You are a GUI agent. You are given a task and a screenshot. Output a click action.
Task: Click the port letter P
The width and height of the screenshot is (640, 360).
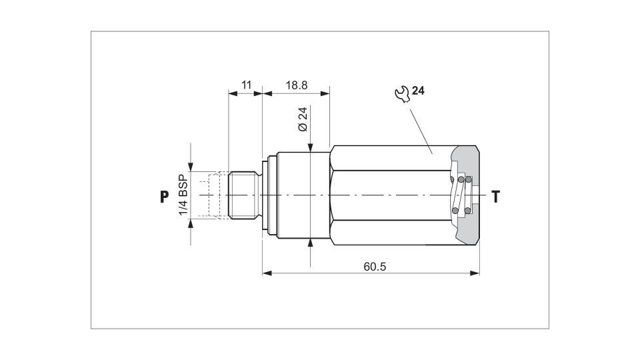(x=164, y=197)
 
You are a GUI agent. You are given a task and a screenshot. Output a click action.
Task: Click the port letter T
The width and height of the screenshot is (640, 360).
(x=496, y=197)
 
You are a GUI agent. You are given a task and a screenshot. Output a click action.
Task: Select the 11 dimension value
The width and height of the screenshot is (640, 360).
(x=246, y=85)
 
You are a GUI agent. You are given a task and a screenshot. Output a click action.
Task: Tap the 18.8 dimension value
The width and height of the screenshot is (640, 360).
(x=296, y=85)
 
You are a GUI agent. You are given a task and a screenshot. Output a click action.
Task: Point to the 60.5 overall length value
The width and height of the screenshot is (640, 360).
(x=375, y=267)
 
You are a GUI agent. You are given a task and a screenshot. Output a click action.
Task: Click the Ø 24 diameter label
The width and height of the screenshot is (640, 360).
(x=303, y=119)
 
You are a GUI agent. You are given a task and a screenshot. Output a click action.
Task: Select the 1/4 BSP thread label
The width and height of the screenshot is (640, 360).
(x=183, y=195)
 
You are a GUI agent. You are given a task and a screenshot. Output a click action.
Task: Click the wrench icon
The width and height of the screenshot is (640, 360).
(x=402, y=94)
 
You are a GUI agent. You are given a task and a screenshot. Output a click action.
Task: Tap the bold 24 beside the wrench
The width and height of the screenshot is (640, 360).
(x=418, y=91)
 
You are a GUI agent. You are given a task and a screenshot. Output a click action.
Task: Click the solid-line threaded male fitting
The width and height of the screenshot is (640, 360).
(x=244, y=195)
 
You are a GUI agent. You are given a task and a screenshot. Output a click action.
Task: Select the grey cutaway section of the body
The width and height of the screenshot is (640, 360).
(x=465, y=195)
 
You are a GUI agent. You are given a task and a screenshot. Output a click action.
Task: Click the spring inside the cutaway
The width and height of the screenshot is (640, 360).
(x=461, y=195)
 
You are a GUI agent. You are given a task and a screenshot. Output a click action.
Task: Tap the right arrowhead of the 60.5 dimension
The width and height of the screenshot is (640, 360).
(x=475, y=273)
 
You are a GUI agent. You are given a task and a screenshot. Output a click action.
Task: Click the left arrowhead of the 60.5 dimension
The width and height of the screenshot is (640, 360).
(x=267, y=273)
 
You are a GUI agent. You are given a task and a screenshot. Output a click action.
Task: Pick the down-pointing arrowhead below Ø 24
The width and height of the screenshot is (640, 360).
(x=311, y=147)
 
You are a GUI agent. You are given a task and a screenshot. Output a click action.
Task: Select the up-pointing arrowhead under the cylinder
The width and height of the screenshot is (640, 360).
(x=311, y=243)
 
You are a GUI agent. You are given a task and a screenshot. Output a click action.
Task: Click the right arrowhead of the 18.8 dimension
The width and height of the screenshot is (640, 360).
(x=325, y=93)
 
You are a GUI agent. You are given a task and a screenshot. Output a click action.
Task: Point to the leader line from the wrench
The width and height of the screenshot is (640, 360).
(x=421, y=131)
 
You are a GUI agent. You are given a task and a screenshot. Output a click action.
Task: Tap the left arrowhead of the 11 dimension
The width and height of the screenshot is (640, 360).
(x=233, y=93)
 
